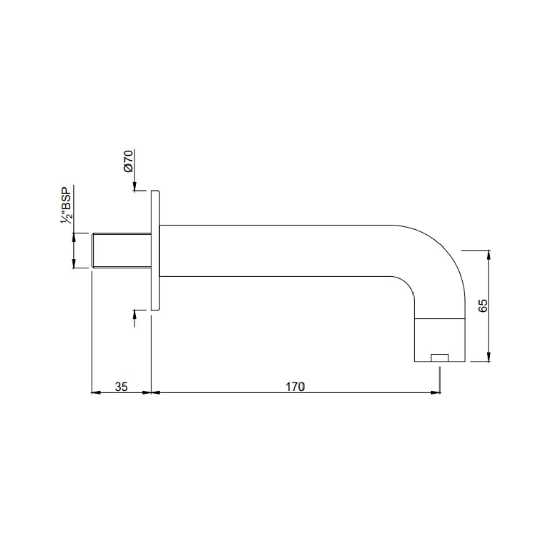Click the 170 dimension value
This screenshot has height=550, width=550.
[x=294, y=387]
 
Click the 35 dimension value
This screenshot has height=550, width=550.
[x=121, y=387]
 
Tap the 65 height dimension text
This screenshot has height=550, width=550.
[x=483, y=306]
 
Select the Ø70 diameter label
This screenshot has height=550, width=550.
[x=128, y=160]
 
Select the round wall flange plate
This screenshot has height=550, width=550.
[x=155, y=250]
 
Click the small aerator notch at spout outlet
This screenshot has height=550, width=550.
[x=439, y=358]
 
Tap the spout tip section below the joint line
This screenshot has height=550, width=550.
[x=439, y=338]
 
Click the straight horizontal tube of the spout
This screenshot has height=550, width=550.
[x=275, y=250]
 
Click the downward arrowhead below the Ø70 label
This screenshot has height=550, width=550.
[x=135, y=187]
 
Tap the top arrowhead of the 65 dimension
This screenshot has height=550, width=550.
[x=488, y=254]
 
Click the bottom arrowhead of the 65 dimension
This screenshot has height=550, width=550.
[x=488, y=358]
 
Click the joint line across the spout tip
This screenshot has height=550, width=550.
[x=439, y=319]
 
